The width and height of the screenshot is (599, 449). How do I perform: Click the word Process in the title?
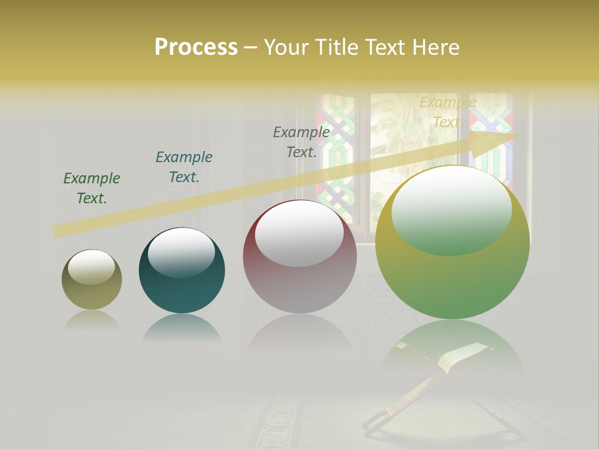point(196,47)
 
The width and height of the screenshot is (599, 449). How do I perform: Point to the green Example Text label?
point(92,188)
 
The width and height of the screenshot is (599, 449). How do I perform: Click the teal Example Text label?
point(184,167)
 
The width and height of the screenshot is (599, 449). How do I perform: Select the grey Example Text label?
point(301,142)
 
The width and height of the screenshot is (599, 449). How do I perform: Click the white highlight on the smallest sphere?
point(92,267)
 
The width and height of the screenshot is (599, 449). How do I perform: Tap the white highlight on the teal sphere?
point(182,251)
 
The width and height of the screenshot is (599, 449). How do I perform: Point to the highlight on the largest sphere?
point(452,210)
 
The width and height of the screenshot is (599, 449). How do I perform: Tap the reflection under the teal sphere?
point(182,327)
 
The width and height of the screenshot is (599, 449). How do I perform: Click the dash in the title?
point(250,47)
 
